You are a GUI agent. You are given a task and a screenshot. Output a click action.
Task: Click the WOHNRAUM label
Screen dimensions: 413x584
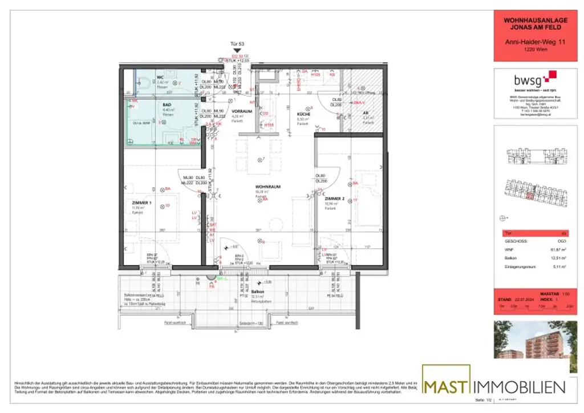(x=266, y=187)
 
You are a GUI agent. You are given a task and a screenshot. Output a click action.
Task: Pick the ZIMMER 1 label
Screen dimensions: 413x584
(x=141, y=203)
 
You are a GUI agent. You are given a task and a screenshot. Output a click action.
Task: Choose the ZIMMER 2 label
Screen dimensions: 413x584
(x=335, y=199)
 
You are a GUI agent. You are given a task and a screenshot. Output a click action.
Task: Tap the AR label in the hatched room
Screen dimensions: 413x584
(x=366, y=113)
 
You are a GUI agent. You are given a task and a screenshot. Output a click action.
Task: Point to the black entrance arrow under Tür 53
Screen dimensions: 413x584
(x=237, y=51)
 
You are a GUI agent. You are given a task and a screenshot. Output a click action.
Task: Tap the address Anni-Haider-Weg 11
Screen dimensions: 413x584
(x=527, y=41)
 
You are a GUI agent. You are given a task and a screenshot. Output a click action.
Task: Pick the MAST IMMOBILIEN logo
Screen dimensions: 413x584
(x=494, y=387)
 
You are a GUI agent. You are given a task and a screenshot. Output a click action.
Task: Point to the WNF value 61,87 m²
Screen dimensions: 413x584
(x=551, y=249)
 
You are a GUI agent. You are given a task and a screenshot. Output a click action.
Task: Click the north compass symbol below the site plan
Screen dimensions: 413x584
(x=503, y=217)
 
